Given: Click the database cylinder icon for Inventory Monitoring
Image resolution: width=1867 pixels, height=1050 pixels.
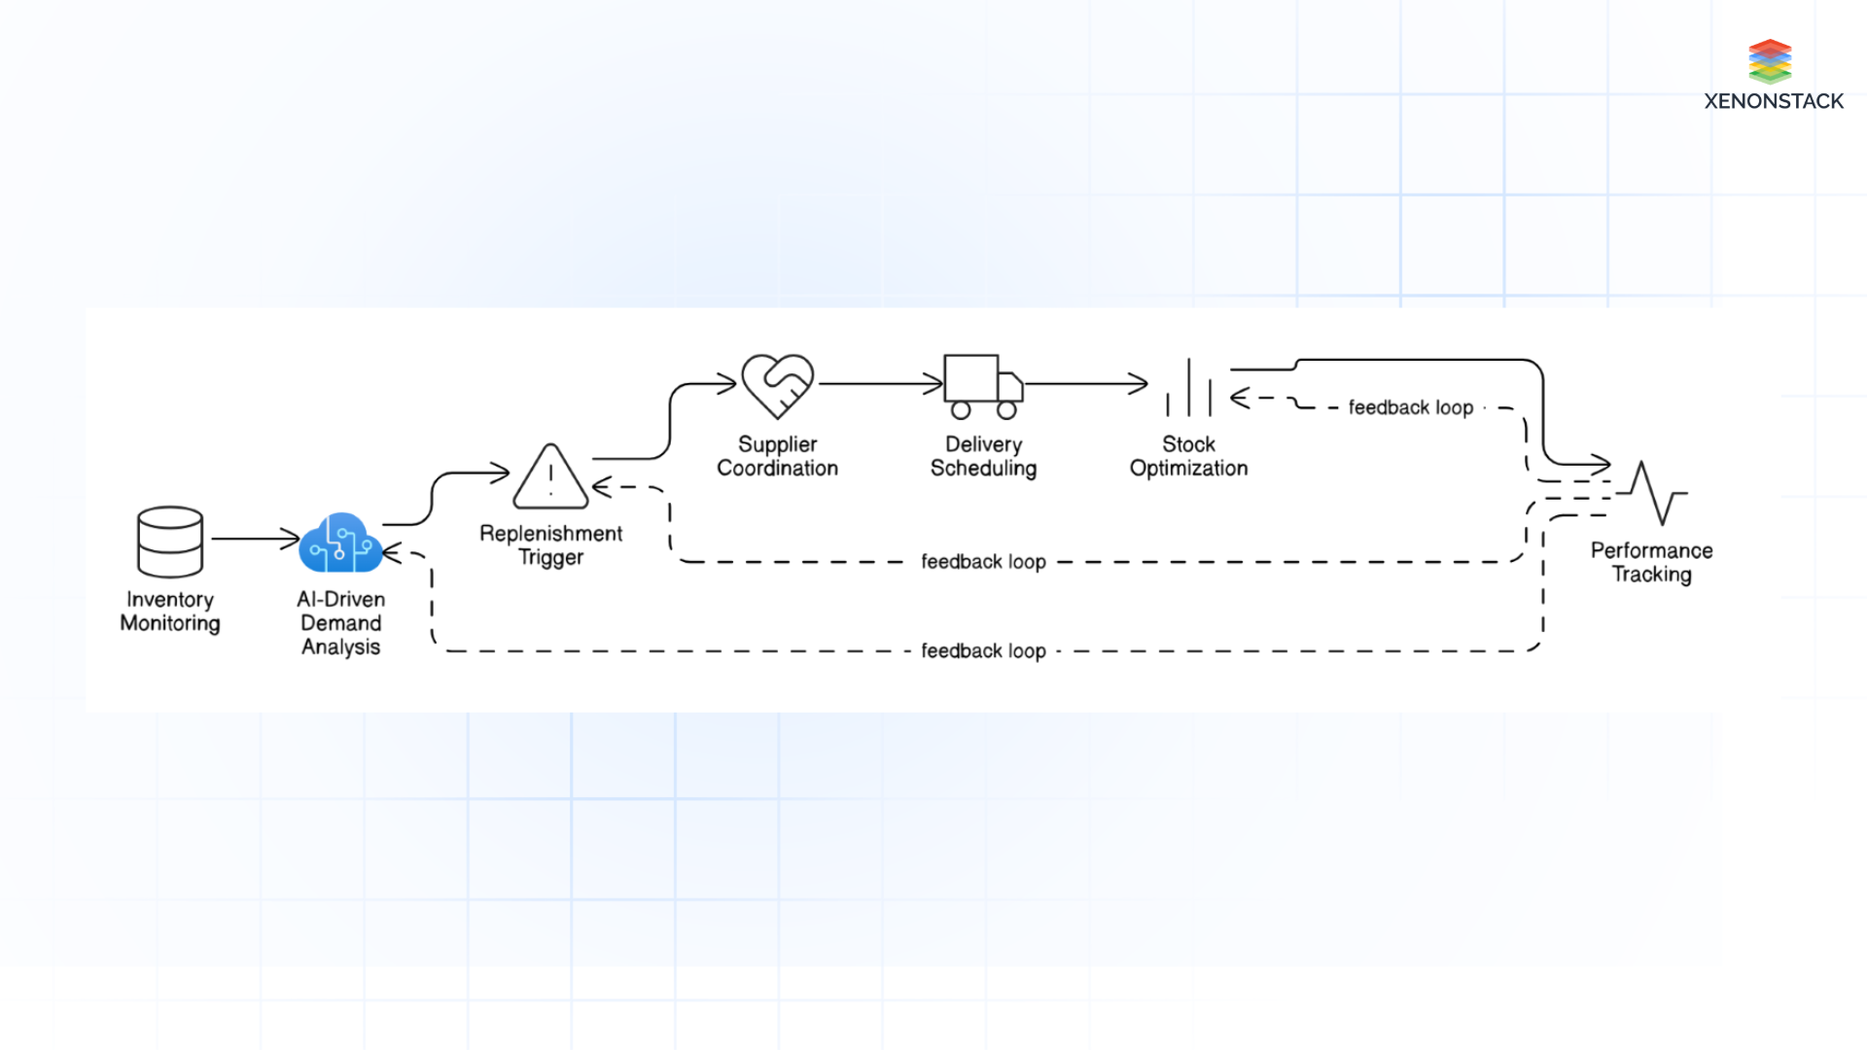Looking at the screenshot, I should (x=170, y=542).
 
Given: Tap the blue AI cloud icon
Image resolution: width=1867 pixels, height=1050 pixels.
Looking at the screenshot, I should (x=340, y=543).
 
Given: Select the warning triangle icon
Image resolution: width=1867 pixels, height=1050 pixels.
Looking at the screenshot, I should (x=550, y=477).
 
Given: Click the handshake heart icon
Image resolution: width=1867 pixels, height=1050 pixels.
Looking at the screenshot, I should (x=777, y=385).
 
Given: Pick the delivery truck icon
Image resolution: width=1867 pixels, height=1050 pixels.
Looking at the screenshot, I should (x=983, y=386).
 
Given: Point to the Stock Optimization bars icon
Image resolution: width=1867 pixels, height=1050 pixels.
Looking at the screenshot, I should (x=1188, y=388).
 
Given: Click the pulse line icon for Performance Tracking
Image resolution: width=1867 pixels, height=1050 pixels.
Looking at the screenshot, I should (x=1653, y=493).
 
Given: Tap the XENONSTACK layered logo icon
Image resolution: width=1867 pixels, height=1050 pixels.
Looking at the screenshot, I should (x=1770, y=61).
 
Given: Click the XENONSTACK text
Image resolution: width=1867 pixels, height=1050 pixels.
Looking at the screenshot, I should (x=1774, y=101).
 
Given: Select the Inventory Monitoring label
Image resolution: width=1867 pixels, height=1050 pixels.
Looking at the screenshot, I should (x=170, y=612).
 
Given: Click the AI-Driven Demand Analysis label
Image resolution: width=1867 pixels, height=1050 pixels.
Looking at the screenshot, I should (x=340, y=623).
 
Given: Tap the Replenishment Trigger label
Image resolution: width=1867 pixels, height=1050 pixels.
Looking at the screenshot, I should (x=550, y=545).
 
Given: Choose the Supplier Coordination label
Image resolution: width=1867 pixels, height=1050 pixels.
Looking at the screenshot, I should (x=777, y=456).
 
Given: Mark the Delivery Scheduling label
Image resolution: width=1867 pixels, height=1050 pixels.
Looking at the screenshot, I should (x=983, y=456).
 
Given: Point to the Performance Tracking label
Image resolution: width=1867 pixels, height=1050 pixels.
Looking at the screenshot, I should (x=1651, y=562).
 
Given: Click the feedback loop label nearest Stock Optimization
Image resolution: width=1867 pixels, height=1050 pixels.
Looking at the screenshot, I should (x=1410, y=407).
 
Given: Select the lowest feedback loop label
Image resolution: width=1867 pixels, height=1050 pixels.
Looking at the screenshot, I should (x=983, y=650).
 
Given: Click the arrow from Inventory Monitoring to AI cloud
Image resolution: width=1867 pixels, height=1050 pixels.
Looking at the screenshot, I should (x=255, y=538).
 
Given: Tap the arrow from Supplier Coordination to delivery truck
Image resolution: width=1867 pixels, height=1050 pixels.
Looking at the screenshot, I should (x=880, y=384).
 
